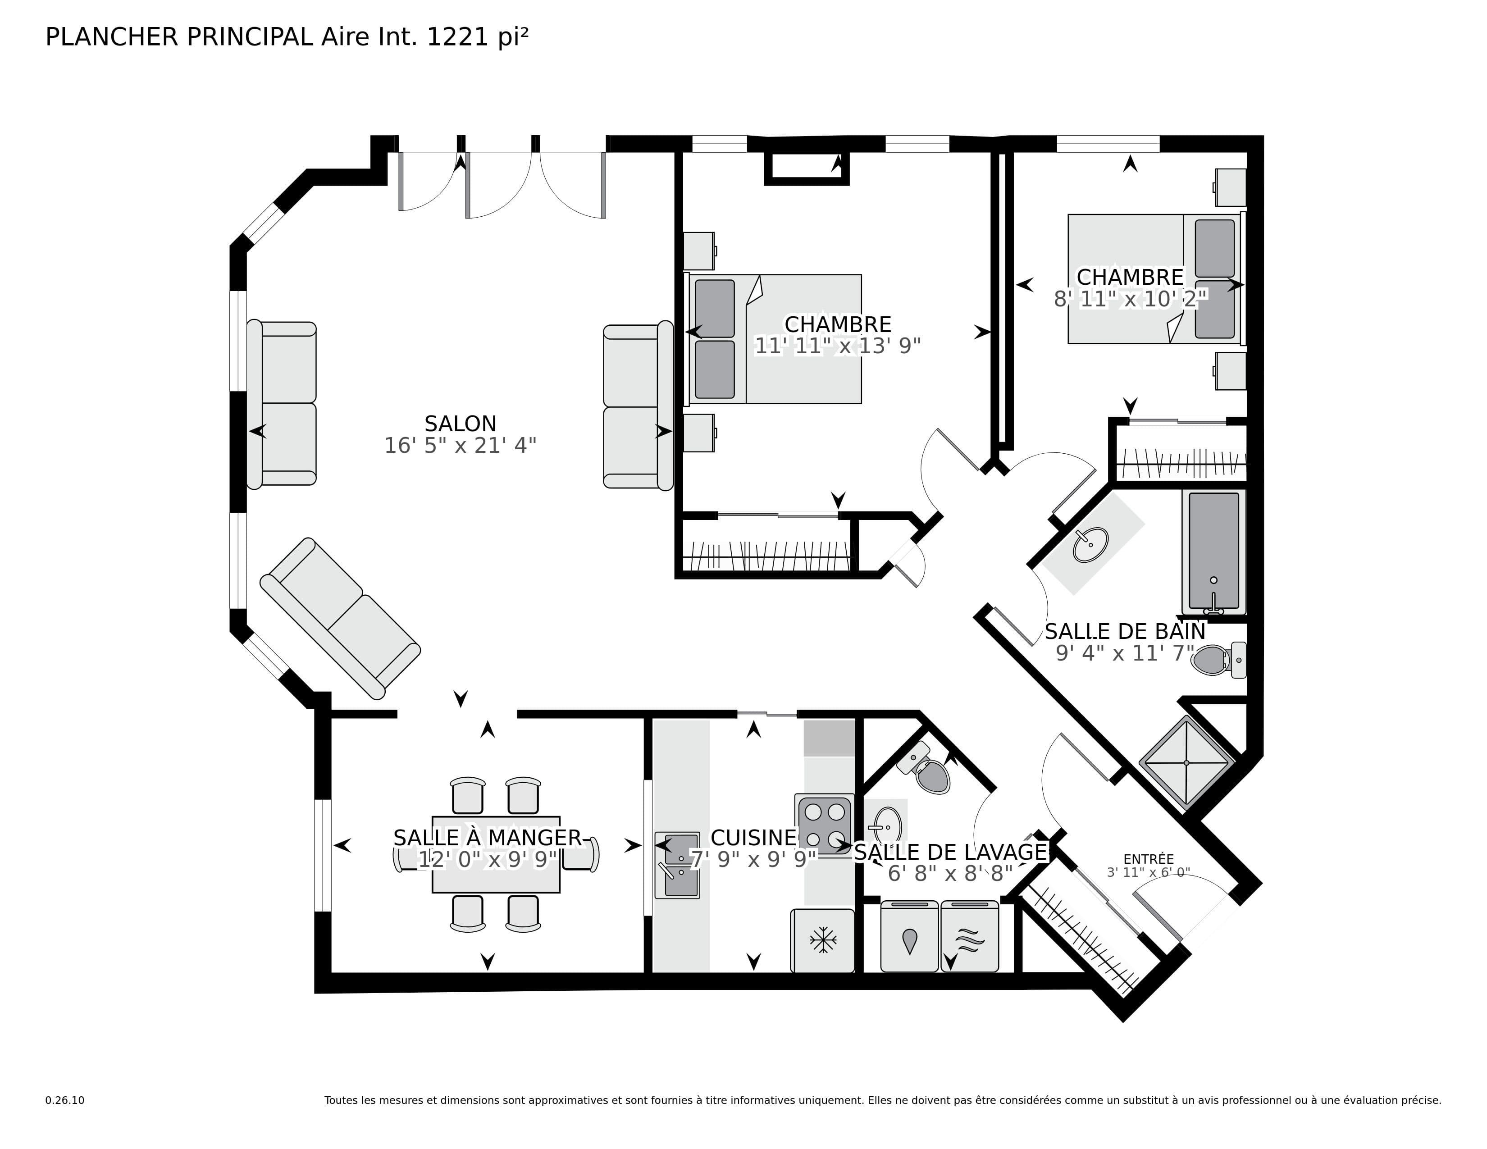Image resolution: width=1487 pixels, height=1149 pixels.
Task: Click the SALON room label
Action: (460, 424)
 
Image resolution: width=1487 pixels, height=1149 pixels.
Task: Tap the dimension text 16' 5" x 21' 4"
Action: (460, 446)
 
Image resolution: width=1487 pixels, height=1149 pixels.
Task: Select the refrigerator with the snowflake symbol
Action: (822, 941)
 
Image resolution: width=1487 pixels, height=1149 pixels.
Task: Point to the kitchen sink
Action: (677, 865)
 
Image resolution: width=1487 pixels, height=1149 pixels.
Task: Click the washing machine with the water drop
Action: (910, 937)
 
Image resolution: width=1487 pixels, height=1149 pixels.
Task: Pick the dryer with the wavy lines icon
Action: (970, 937)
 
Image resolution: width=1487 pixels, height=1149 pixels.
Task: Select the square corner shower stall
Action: (1186, 762)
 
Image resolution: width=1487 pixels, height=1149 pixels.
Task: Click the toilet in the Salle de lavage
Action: (927, 769)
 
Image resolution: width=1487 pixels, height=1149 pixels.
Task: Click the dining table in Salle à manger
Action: (496, 855)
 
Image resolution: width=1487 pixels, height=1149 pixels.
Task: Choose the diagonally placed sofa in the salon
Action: (340, 618)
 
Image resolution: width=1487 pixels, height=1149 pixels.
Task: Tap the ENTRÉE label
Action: (1149, 860)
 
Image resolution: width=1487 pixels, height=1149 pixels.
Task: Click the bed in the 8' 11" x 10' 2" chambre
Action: (1154, 279)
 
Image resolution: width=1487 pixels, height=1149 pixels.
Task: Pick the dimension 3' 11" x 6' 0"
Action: (1149, 873)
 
